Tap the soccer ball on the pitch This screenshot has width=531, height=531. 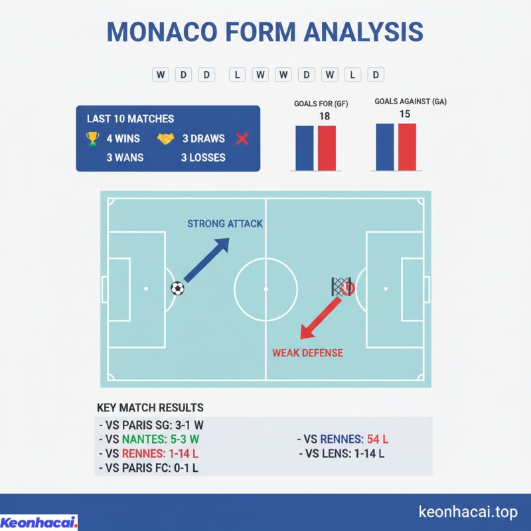point(177,288)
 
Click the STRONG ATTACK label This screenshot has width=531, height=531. point(225,224)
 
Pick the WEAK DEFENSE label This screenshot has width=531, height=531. point(308,352)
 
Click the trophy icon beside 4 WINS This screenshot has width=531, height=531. point(92,139)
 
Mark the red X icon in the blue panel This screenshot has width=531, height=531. point(242,139)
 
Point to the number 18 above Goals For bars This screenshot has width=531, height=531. point(325,116)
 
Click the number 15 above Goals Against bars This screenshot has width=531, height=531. point(405,114)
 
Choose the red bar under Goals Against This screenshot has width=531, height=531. point(407,147)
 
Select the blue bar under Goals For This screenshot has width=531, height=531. point(305,148)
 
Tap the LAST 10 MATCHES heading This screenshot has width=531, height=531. point(130,119)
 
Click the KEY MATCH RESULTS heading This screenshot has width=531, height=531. point(150,408)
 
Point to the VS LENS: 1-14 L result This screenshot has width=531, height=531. point(342,454)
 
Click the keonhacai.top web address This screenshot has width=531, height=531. point(468,512)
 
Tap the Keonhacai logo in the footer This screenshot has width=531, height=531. point(39,522)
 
